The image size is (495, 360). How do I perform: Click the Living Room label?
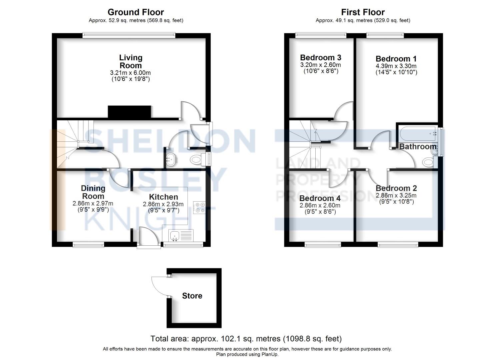coord(131,62)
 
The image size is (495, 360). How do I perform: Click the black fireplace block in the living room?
coord(130,112)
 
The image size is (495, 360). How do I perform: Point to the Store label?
coord(192,296)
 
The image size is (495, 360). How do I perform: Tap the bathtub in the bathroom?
coord(417,133)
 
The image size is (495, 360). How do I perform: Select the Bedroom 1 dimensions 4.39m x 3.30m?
coord(396,66)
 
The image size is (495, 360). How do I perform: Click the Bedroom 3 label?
coord(320,58)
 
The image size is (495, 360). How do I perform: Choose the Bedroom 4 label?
coord(320,198)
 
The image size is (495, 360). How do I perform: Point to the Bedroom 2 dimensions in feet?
coord(396,202)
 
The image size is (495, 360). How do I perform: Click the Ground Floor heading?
coord(136,12)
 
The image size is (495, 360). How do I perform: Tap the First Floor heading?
coord(363,12)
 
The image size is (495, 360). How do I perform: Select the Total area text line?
coord(246,339)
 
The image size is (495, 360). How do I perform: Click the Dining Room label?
coord(93,192)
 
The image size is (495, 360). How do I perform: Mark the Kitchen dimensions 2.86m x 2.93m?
coord(163,204)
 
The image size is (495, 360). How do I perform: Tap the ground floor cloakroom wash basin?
coord(172,160)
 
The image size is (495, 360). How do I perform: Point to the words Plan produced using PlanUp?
coord(247,354)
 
